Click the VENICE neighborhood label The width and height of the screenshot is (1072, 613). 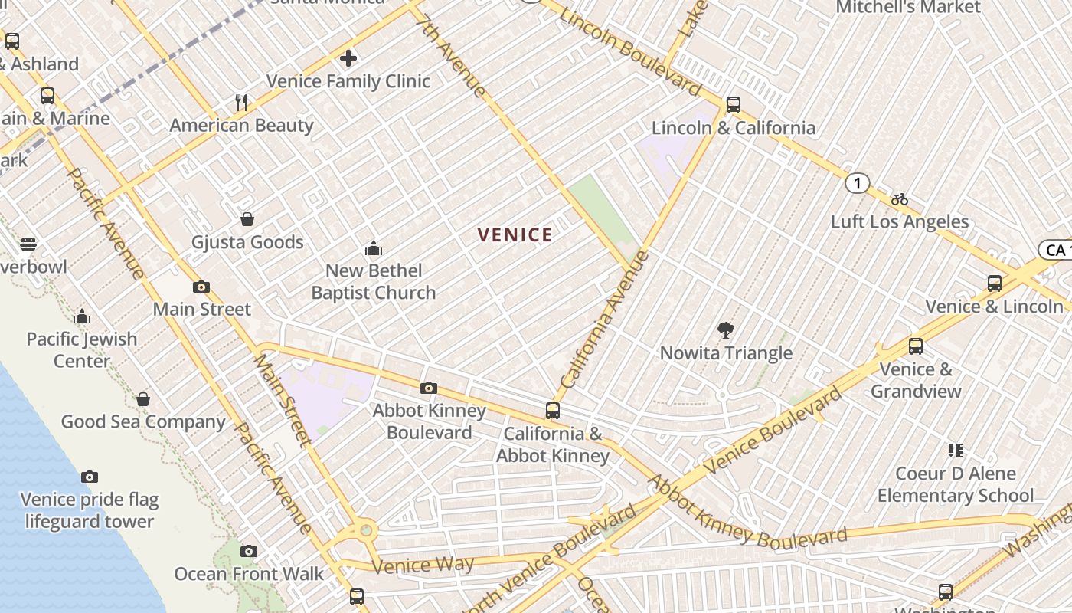[515, 235]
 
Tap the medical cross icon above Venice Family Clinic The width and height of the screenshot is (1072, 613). [348, 58]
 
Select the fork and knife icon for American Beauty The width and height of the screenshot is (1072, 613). [241, 103]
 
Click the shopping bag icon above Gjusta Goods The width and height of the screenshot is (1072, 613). [247, 220]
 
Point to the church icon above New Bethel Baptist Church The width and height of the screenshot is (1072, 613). [374, 248]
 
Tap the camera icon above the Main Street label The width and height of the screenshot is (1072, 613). [201, 287]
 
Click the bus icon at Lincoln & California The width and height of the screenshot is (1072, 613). [734, 105]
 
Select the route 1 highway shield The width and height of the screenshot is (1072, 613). [858, 183]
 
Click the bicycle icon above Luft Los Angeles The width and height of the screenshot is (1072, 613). [900, 199]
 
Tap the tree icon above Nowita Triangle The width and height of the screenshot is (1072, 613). [726, 330]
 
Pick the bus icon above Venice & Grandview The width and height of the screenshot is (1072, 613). [916, 346]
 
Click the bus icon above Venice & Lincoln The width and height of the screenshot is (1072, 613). [995, 284]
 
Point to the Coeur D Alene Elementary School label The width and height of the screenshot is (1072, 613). [956, 484]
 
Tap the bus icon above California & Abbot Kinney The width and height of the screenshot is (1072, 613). [553, 411]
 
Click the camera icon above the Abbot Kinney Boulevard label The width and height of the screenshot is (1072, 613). [429, 388]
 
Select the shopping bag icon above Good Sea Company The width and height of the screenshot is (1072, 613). [143, 399]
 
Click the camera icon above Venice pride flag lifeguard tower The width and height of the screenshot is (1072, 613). [90, 477]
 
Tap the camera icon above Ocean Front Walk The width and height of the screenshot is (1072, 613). [249, 551]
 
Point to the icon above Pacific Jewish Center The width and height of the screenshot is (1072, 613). [82, 316]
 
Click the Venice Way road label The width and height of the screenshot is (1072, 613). [423, 565]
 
